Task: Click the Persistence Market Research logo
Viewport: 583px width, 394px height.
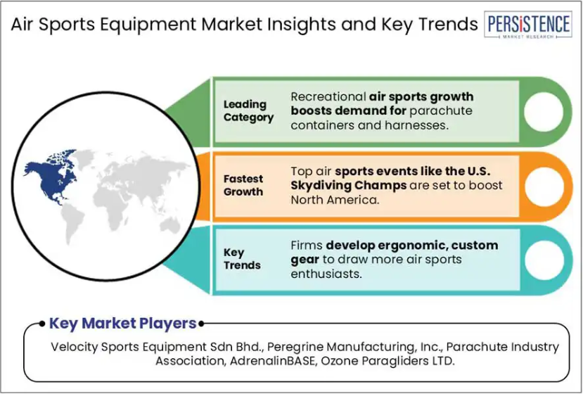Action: coord(528,25)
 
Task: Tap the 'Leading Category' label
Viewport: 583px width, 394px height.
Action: coord(248,111)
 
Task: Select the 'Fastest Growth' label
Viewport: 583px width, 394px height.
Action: coord(243,185)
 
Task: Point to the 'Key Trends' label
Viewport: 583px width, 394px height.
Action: coord(242,259)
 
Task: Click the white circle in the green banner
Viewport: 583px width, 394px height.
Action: coord(544,112)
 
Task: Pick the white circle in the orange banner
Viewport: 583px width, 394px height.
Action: coord(544,186)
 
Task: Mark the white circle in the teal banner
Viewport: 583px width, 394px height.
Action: coord(544,260)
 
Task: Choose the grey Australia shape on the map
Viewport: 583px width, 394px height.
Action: coord(169,225)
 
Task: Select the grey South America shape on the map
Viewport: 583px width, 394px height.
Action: coord(72,222)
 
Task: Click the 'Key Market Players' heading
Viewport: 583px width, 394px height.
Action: coord(122,324)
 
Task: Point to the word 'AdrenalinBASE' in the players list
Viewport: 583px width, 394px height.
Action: coord(272,361)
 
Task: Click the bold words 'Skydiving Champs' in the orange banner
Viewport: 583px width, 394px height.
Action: coord(348,186)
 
